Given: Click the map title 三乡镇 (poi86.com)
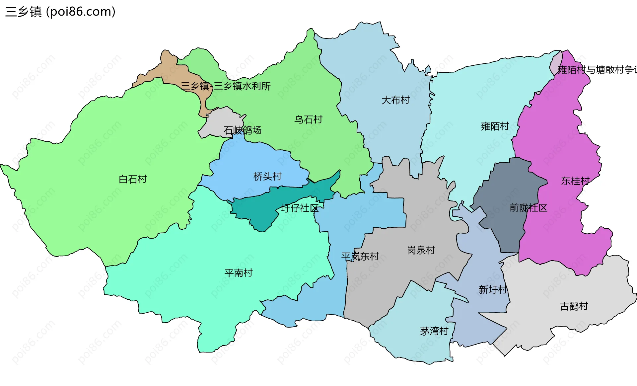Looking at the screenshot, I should coord(60,12).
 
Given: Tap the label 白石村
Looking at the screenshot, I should coord(133,179).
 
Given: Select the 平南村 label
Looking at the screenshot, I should coord(239,273).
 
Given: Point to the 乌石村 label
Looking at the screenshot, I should coord(308,119).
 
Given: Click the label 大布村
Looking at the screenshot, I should coord(395,100).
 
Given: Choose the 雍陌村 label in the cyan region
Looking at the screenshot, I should coord(495,126).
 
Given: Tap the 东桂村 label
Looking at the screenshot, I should coord(575,181).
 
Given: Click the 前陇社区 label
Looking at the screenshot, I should coord(528,208).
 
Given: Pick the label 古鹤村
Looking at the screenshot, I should coord(574,306).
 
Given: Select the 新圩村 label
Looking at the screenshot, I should coord(493,289).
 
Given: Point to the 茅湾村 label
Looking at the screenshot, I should coord(434,331).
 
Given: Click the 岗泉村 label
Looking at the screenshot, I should coord(421,250).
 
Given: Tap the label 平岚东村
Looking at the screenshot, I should coord(360,256).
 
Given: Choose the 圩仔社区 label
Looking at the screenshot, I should coord(300,208).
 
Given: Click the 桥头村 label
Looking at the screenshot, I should coord(267,176).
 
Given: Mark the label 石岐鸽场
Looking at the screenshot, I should coord(243,130).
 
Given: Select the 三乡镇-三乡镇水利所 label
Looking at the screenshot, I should coord(226,86).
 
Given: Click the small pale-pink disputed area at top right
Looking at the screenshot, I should coord(556,63).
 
